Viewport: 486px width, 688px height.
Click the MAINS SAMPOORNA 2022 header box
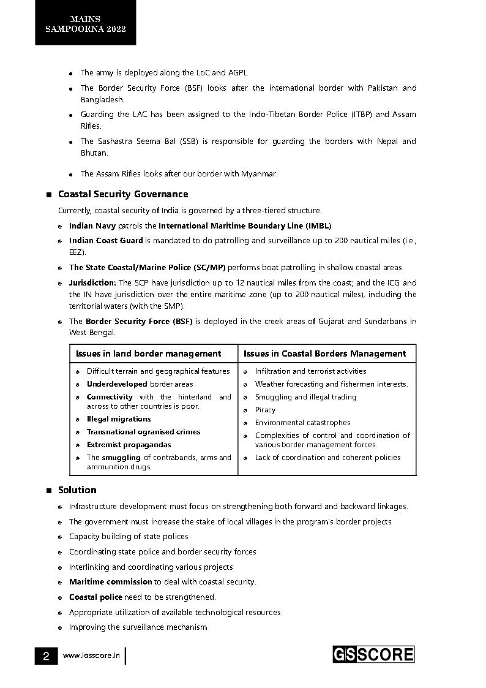pos(85,24)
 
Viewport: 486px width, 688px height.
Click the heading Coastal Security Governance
pos(122,194)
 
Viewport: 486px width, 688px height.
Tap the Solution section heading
pos(77,490)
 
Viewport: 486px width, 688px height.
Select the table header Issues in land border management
pos(148,353)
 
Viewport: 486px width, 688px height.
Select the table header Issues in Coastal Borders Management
pos(324,353)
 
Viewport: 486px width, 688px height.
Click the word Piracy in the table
pos(265,410)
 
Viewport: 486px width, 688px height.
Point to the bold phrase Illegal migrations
pos(119,419)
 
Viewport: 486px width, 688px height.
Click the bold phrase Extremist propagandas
pos(129,445)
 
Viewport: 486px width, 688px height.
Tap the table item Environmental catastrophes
pos(302,423)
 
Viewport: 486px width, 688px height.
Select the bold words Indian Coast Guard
pos(106,241)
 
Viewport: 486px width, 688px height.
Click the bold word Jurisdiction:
pos(92,283)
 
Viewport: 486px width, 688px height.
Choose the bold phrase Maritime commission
pos(110,582)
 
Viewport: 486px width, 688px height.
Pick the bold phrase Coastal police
pos(95,597)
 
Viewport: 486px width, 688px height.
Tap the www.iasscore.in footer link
pos(91,656)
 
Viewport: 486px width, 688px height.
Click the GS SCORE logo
pos(373,654)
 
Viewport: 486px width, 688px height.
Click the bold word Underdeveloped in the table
pos(117,384)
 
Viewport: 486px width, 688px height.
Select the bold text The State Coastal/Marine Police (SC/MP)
pos(147,268)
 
